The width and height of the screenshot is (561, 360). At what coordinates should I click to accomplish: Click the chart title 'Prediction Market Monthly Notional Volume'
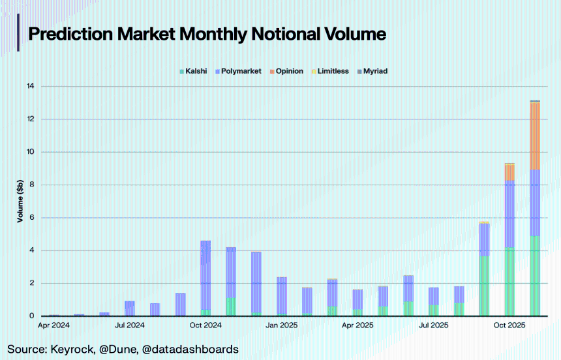coord(207,34)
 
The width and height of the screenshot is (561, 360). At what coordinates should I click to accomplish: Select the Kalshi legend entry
coord(196,71)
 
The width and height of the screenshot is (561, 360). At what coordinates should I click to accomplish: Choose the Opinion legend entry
coord(289,71)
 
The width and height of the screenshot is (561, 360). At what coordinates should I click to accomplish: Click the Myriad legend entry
coord(375,71)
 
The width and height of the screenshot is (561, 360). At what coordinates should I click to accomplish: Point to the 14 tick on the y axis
coord(30,86)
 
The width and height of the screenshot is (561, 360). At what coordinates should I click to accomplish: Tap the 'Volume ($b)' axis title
coord(20,202)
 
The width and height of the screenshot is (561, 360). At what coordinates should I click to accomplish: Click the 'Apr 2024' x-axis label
coord(54,325)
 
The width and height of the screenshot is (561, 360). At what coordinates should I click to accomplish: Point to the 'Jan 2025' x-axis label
coord(281,325)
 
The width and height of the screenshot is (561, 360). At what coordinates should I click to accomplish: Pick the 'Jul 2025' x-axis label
coord(433,325)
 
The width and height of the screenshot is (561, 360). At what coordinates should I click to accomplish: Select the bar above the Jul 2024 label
coord(130,308)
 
